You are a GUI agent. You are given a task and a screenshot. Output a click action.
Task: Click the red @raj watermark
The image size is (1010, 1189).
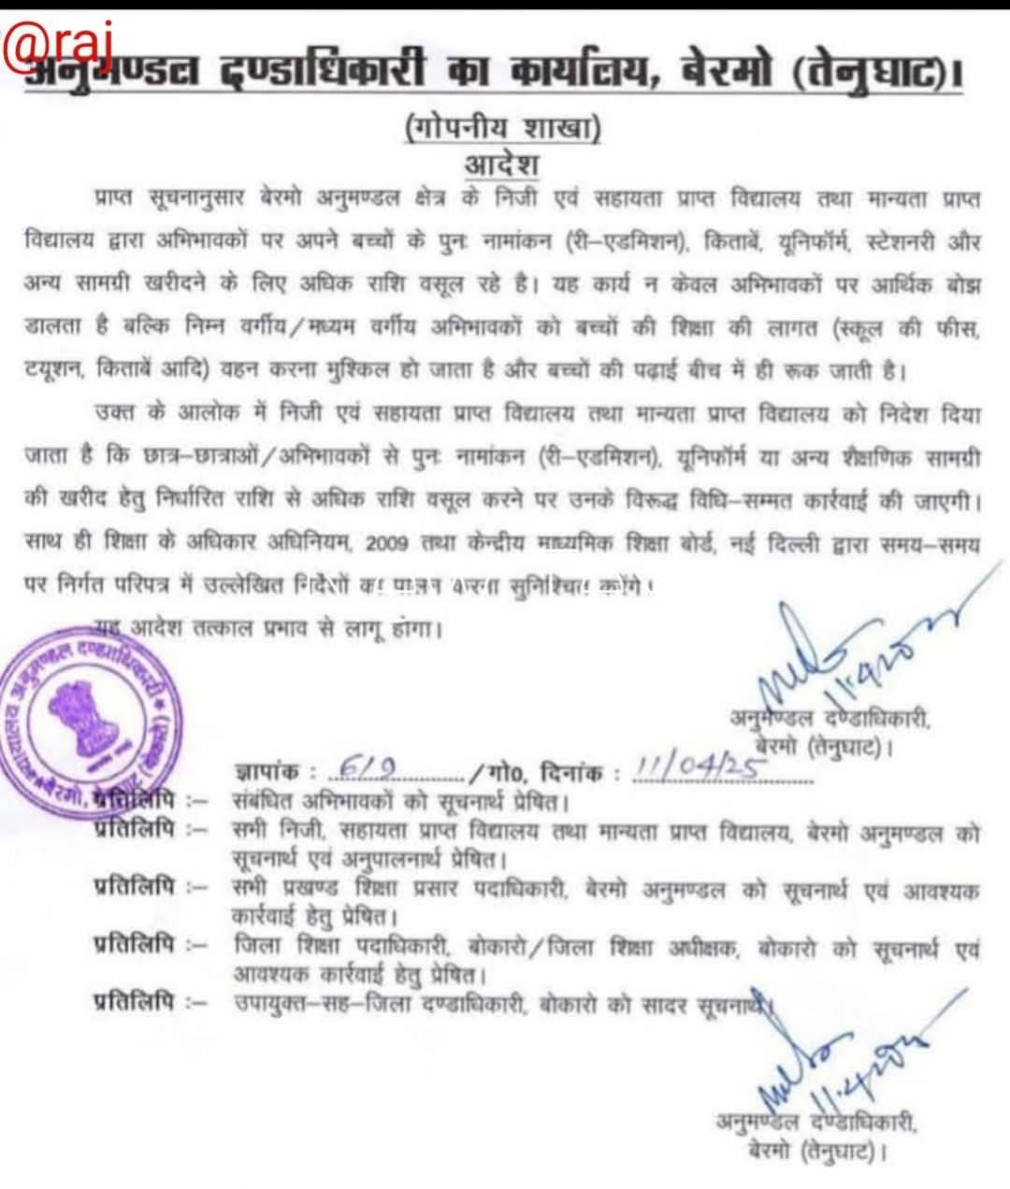pos(58,41)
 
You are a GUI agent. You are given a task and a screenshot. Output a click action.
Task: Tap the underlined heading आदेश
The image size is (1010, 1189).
pos(502,165)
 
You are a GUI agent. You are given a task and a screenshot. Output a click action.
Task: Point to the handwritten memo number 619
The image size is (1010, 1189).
pos(354,767)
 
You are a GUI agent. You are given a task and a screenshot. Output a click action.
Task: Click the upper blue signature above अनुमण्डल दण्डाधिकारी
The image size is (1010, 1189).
pos(842,654)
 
